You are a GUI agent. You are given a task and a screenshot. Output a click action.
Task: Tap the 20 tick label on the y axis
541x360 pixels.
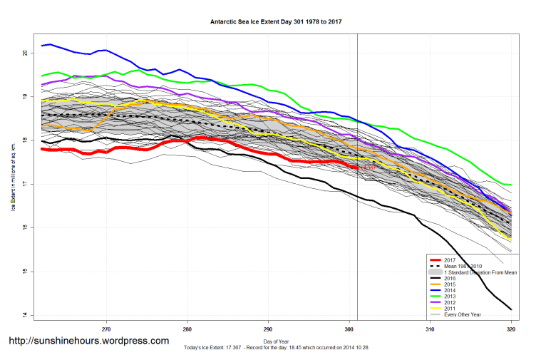24,53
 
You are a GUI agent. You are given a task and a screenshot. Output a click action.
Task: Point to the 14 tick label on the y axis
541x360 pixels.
24,315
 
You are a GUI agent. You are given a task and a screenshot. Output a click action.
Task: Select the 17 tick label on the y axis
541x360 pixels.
24,185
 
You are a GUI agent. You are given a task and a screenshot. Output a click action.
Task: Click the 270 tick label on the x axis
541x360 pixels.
106,329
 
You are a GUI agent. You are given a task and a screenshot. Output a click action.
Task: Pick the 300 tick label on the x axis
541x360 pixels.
349,329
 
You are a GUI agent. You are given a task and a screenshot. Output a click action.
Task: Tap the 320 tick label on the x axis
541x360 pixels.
511,329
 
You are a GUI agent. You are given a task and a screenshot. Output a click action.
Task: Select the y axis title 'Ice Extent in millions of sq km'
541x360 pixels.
12,184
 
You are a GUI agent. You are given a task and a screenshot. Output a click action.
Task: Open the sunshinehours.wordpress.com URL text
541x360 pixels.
88,341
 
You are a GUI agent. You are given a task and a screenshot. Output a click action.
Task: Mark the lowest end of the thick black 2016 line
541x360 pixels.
511,309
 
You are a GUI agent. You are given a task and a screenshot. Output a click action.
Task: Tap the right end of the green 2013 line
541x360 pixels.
511,185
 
